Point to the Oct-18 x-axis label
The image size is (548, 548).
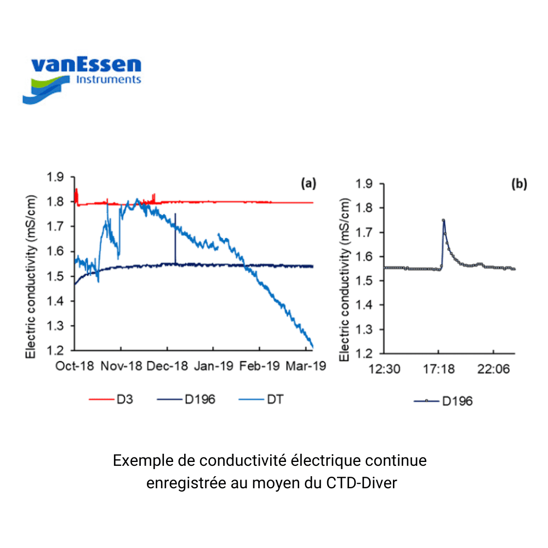point(75,366)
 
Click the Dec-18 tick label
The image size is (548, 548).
point(168,366)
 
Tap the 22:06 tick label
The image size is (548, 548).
point(493,370)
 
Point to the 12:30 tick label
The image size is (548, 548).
point(384,370)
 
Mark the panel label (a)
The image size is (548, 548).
point(309,184)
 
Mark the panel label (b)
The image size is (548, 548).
point(518,184)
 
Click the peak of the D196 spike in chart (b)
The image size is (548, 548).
point(443,220)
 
